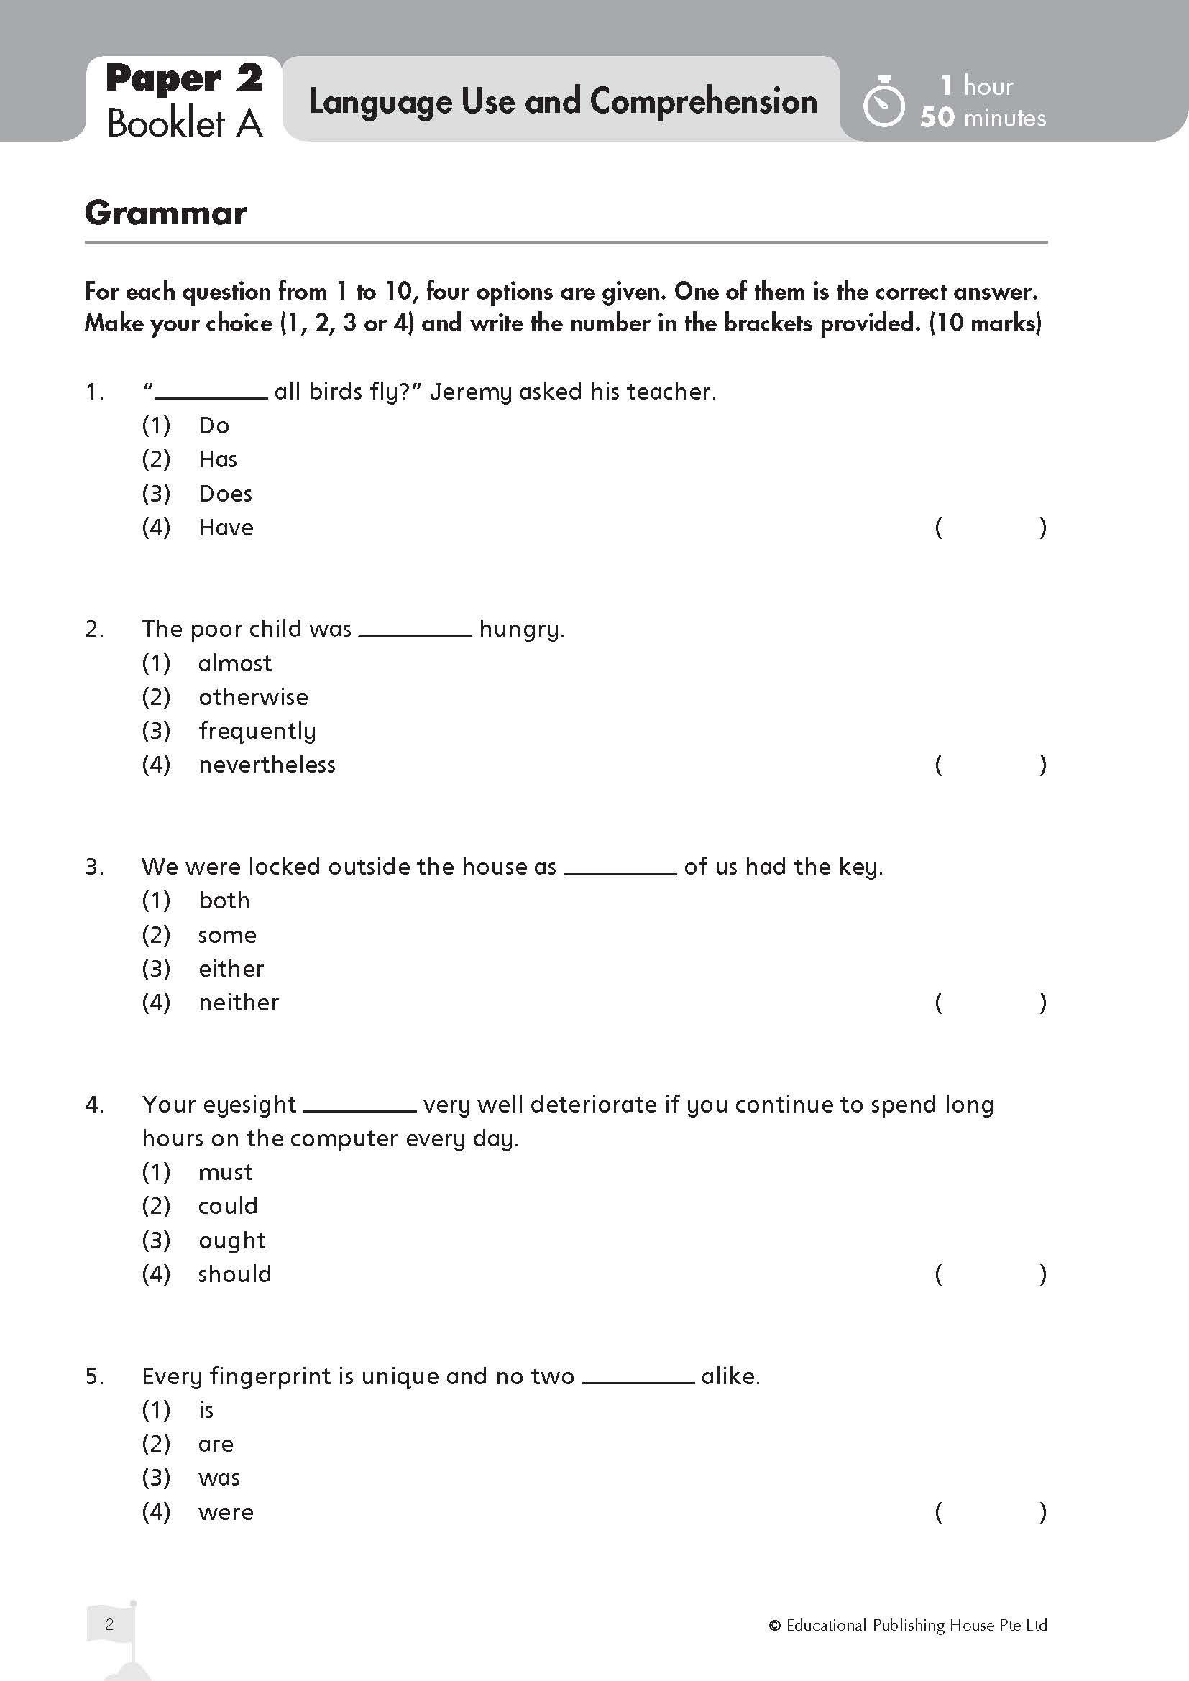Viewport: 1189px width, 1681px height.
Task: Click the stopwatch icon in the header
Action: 883,103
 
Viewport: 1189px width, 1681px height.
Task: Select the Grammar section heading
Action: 166,213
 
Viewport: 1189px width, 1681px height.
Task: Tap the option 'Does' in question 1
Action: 226,494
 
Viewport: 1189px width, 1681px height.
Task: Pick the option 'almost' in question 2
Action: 235,663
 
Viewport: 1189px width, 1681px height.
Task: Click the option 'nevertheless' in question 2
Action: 267,765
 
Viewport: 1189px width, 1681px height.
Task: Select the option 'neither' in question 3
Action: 239,1003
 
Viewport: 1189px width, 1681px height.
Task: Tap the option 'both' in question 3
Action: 224,901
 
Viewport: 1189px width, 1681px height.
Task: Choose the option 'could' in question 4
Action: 229,1206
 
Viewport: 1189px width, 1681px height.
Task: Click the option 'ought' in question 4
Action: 232,1240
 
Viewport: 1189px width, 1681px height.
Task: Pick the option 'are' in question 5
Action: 216,1444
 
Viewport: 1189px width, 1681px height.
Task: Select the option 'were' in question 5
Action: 226,1512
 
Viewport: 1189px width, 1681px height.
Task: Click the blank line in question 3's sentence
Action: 620,871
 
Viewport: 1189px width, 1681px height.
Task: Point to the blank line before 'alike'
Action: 638,1381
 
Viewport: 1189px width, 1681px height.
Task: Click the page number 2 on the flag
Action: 109,1625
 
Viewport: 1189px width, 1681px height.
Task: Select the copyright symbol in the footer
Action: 775,1626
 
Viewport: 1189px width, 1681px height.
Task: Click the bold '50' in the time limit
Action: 937,117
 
